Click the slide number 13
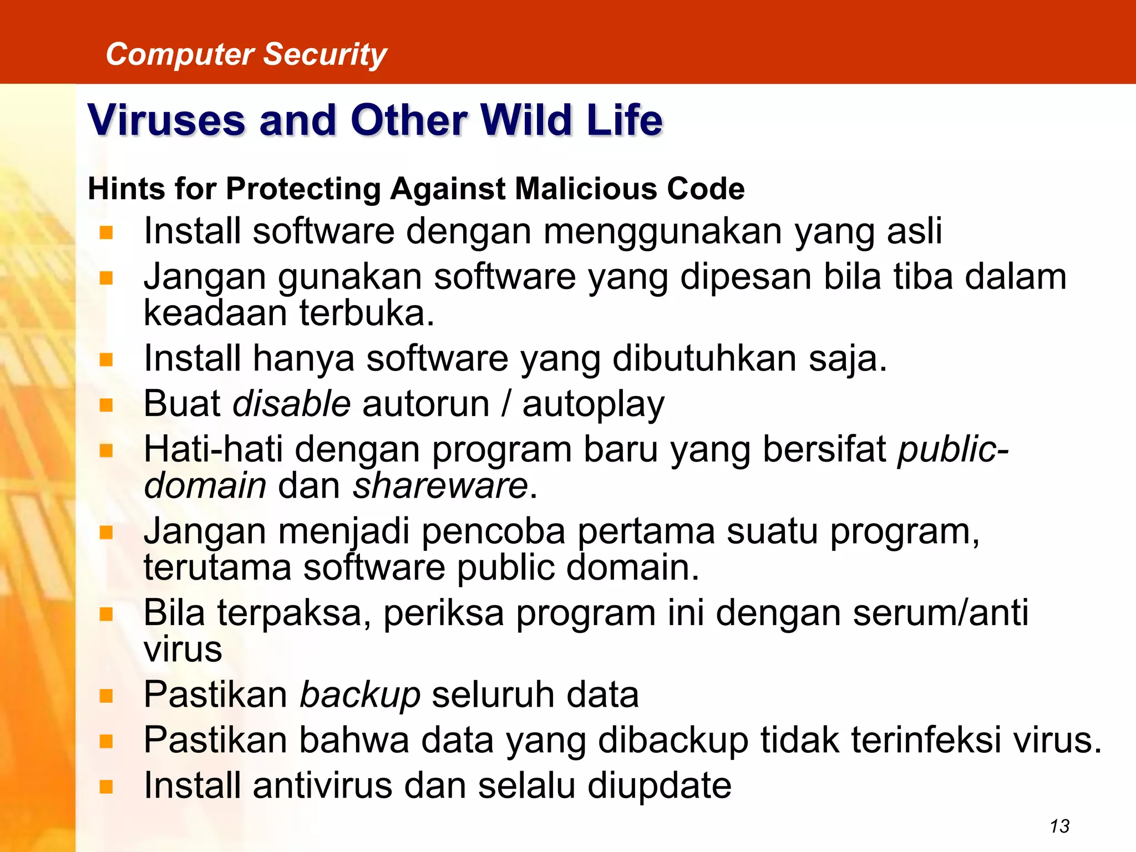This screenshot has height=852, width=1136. coord(1059,826)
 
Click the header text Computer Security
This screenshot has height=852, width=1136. coord(246,54)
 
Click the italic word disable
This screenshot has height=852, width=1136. coord(291,403)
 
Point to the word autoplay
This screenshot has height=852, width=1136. coord(593,404)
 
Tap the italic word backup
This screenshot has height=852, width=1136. coord(360,695)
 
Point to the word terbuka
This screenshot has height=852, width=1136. coord(367,313)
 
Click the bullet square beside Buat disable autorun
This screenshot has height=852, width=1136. coord(106,405)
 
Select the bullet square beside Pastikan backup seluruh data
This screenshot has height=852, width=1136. coord(106,696)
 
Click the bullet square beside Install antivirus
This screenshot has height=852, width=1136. coord(106,787)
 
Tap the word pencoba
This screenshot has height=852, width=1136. coord(493,531)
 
